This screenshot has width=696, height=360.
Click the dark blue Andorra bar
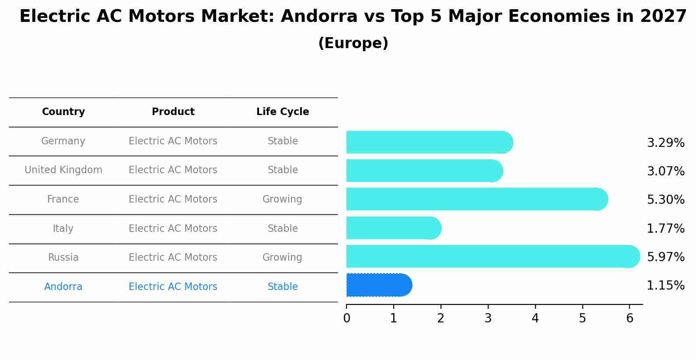[379, 285]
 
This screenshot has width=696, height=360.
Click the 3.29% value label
[665, 143]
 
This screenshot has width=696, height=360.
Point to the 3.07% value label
[665, 171]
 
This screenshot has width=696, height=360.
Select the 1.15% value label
[665, 286]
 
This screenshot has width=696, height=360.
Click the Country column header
[63, 112]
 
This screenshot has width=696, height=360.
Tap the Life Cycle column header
[283, 112]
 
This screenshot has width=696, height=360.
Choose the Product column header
[173, 112]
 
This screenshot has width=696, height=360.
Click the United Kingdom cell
[63, 170]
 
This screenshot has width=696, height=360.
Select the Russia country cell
[63, 258]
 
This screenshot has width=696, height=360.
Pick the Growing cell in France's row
[282, 199]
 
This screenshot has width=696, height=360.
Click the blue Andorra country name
[63, 287]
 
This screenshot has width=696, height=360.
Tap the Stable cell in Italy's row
[283, 229]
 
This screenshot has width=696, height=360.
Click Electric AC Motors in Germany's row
[173, 141]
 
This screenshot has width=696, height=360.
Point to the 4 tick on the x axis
[535, 318]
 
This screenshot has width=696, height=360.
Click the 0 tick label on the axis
[346, 318]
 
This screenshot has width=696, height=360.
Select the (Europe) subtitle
[353, 43]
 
